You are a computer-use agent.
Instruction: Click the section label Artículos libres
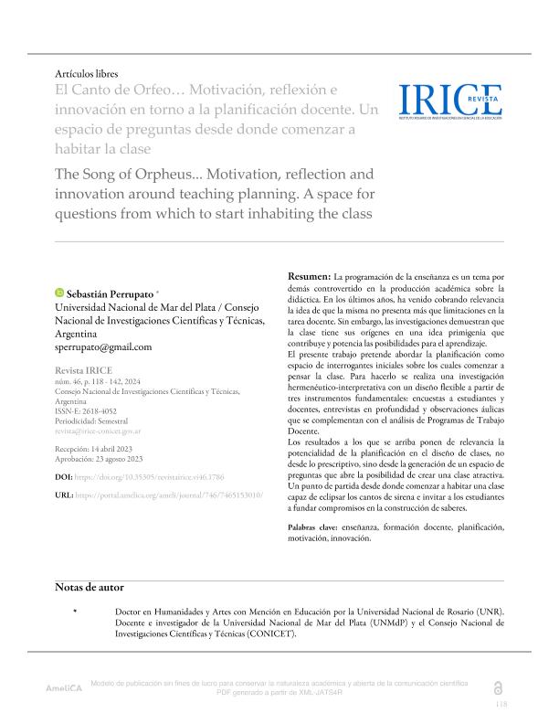pos(87,73)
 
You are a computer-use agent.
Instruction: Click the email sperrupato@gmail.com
pos(104,347)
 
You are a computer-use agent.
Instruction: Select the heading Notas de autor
pos(89,587)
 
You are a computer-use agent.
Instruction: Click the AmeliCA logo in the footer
pos(64,687)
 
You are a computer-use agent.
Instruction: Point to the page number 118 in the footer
pos(501,705)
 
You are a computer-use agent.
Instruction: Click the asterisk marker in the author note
pos(75,611)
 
